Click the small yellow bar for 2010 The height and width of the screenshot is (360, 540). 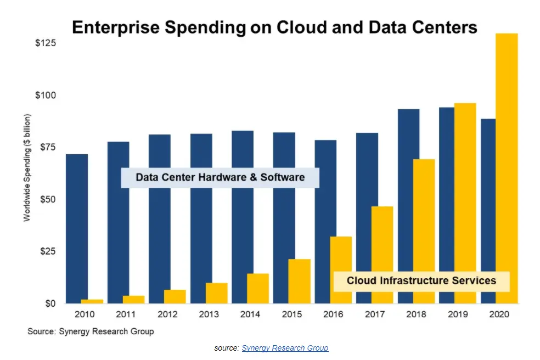click(92, 301)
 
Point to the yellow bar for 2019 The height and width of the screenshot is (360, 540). click(465, 203)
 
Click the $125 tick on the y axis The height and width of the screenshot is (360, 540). click(46, 43)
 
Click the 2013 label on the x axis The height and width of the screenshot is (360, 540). click(209, 314)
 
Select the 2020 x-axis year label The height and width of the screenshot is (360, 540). click(499, 314)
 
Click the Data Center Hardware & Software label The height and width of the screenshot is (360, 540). click(220, 178)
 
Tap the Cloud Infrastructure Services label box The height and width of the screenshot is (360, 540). click(421, 281)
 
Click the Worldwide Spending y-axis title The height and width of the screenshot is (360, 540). click(26, 167)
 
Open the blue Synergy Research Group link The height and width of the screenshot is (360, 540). click(285, 348)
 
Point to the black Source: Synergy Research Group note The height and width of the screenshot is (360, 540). click(91, 331)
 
